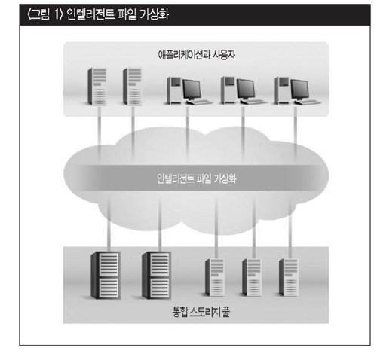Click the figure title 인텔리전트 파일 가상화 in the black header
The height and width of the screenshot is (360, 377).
(x=118, y=14)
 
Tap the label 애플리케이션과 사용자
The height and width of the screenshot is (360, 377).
(x=197, y=55)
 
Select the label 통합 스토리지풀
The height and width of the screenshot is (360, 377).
(x=201, y=312)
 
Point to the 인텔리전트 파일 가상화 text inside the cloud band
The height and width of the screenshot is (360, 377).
(x=197, y=178)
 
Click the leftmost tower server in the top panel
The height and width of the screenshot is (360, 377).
(x=97, y=87)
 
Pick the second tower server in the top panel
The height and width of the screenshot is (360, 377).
(x=132, y=87)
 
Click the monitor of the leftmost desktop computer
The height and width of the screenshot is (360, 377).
(x=192, y=90)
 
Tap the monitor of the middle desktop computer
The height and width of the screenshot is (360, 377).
(x=246, y=90)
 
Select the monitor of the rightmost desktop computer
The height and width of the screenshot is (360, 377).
(x=300, y=90)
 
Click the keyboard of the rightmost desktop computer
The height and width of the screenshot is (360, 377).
(x=308, y=102)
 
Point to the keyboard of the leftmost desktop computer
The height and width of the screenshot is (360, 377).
(x=201, y=102)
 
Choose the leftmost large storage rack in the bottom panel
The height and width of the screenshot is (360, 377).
(x=106, y=275)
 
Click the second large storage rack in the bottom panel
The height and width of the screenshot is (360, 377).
(x=157, y=275)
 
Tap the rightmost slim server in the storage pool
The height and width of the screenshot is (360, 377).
(x=289, y=277)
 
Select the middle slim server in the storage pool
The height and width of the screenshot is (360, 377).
(x=252, y=277)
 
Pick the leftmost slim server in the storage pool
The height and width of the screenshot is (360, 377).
(x=215, y=277)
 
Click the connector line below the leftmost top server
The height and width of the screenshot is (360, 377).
(x=100, y=133)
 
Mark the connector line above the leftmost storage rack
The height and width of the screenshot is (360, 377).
(x=109, y=224)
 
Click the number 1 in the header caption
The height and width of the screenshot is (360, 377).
(x=57, y=14)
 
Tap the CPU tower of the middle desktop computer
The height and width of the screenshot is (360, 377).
(x=228, y=90)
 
